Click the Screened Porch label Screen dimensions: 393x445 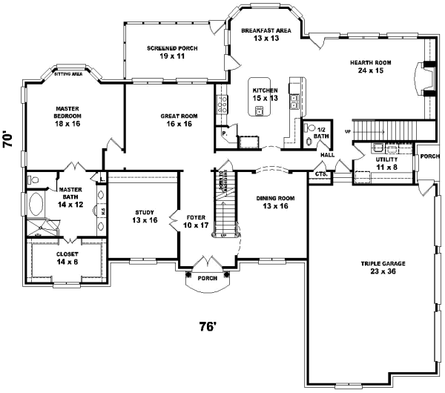[171, 52]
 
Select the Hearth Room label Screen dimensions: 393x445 [370, 67]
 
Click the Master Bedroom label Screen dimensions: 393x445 [67, 116]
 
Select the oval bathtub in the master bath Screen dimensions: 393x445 [36, 202]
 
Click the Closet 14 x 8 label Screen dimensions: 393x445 [67, 257]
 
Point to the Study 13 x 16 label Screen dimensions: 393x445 [144, 216]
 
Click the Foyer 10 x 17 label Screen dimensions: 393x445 [197, 221]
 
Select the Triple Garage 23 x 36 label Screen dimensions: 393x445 [383, 268]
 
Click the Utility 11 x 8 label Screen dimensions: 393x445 [386, 163]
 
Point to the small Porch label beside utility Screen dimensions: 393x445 [429, 156]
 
